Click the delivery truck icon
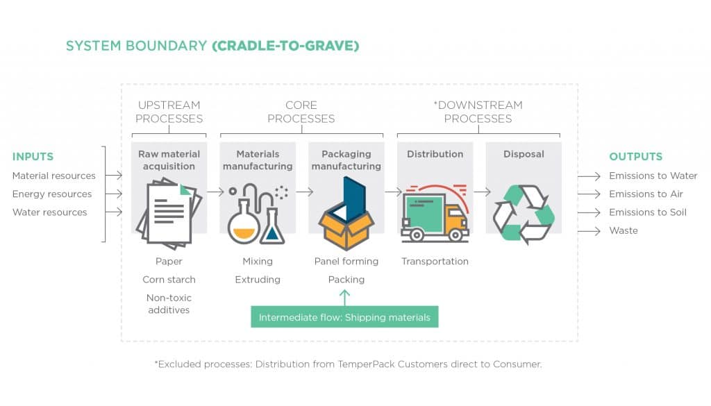pos(435,212)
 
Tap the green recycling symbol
pos(524,213)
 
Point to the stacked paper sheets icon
pos(169,213)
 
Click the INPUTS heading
pos(33,157)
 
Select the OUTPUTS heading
pos(635,157)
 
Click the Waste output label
pos(623,230)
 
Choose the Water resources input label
pos(50,212)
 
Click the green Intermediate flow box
pos(344,317)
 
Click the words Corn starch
pos(169,280)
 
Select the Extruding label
pos(258,280)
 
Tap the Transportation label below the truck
pos(435,262)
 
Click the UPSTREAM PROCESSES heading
pos(169,112)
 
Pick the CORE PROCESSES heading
pos(301,112)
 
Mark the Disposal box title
pos(524,154)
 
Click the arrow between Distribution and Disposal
pos(479,192)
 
